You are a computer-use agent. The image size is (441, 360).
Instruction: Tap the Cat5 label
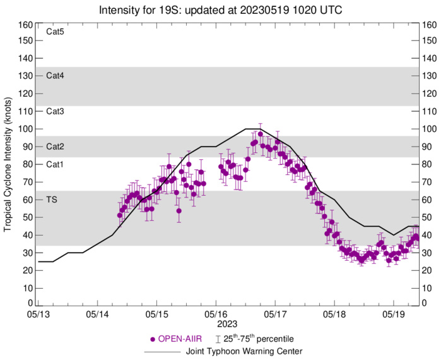(x=55, y=30)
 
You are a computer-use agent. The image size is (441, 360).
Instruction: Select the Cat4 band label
(x=55, y=76)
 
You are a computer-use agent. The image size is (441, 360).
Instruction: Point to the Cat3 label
(x=55, y=111)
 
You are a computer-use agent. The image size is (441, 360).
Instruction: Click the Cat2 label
(x=55, y=147)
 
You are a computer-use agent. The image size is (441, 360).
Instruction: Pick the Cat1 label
(x=55, y=164)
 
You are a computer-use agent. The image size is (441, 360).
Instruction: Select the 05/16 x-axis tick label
(x=216, y=313)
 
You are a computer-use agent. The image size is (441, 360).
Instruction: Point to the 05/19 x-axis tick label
(x=394, y=313)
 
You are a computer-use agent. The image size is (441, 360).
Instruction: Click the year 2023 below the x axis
(x=216, y=323)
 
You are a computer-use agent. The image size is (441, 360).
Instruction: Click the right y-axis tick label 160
(x=430, y=25)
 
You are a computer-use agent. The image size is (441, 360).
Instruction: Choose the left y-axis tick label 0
(x=30, y=304)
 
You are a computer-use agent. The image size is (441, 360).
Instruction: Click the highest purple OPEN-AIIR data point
(x=261, y=134)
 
